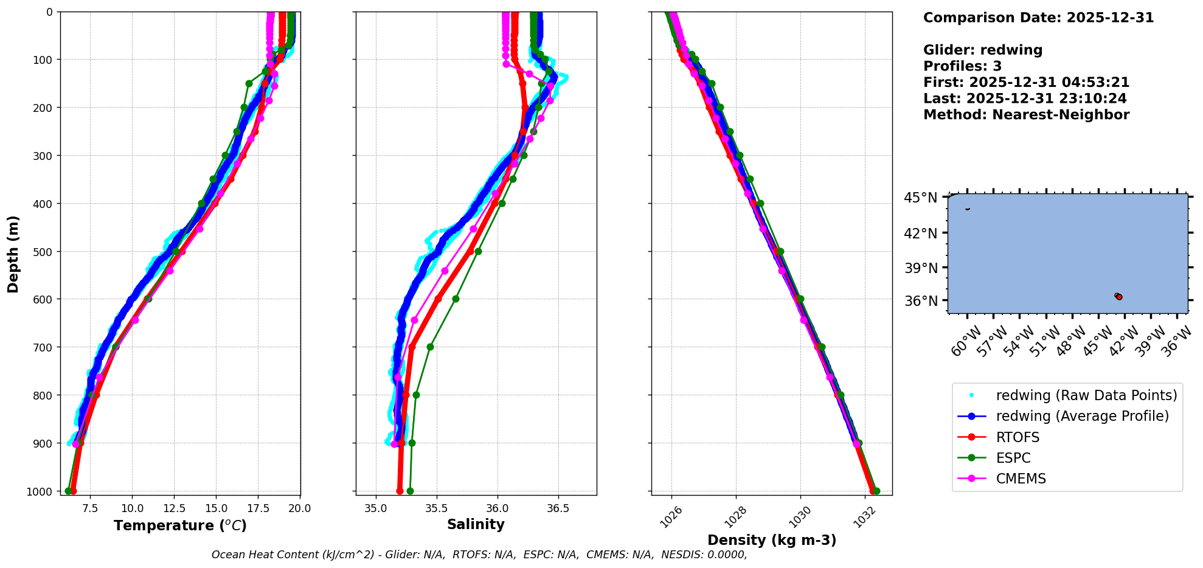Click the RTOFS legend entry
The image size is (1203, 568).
coord(1018,437)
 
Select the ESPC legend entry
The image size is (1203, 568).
coord(1013,458)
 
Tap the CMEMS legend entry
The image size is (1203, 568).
coord(1021,479)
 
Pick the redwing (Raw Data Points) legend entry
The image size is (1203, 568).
coord(1086,395)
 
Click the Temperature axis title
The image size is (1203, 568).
coord(180,525)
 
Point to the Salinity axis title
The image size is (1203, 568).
coord(476,524)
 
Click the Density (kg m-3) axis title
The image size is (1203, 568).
coord(772,540)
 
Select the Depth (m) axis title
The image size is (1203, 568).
coord(13,254)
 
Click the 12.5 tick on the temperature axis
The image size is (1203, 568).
coord(174,508)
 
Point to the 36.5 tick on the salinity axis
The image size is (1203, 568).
coord(558,508)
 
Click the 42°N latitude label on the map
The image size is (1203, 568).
coord(920,233)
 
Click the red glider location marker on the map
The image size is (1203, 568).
coord(1119,297)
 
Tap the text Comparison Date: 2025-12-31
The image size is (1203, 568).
coord(1038,18)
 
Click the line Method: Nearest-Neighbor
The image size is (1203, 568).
coord(1026,115)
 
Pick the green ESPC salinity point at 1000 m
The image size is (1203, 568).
coord(410,491)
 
